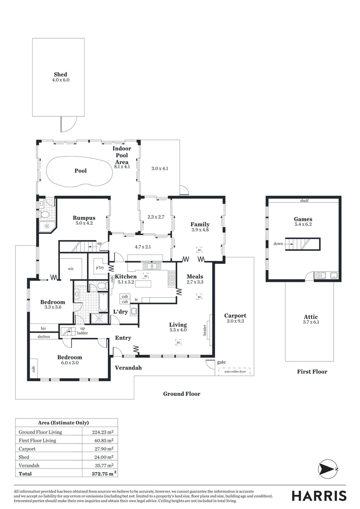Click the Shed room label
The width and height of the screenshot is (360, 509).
tap(60, 74)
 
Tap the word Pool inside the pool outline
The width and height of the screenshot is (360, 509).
tap(81, 171)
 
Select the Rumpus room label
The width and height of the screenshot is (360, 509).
tap(84, 218)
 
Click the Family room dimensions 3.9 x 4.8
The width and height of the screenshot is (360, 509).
tap(200, 230)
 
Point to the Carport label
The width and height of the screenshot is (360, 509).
tap(235, 316)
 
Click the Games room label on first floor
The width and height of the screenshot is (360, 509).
tap(303, 219)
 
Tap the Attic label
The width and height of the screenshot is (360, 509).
tap(311, 317)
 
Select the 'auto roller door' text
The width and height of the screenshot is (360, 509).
tap(234, 371)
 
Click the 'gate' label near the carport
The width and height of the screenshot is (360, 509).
tap(221, 362)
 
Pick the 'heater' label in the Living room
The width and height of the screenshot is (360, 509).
tap(205, 330)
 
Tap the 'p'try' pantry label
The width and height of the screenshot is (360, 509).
tap(100, 268)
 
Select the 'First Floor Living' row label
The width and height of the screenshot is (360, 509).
tap(37, 440)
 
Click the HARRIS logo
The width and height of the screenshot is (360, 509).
tap(319, 496)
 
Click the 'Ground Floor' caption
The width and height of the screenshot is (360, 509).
tap(181, 394)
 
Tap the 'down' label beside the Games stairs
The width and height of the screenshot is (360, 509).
tap(278, 244)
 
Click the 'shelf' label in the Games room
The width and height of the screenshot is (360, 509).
tap(304, 201)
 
